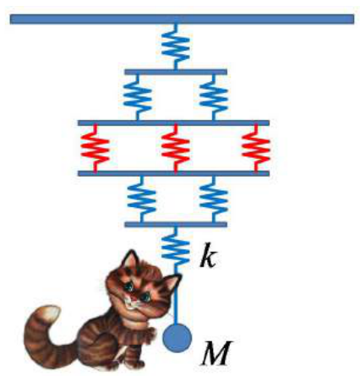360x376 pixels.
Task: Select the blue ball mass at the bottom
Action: pyautogui.click(x=177, y=338)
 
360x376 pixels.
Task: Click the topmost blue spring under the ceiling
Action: pyautogui.click(x=176, y=46)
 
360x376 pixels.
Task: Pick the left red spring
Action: pyautogui.click(x=95, y=148)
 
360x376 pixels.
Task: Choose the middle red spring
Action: pyautogui.click(x=176, y=148)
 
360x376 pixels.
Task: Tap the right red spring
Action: pyautogui.click(x=256, y=148)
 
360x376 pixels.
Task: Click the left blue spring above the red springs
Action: pyautogui.click(x=138, y=97)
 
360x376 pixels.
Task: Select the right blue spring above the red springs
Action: pyautogui.click(x=214, y=97)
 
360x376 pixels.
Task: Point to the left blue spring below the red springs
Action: pyautogui.click(x=142, y=199)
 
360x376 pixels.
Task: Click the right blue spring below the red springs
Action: pyautogui.click(x=214, y=199)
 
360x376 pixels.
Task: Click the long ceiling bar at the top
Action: pyautogui.click(x=182, y=19)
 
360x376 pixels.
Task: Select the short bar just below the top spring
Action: pyautogui.click(x=176, y=72)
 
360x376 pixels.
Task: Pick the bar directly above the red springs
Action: pyautogui.click(x=173, y=123)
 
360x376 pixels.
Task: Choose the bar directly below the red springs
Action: pyautogui.click(x=173, y=173)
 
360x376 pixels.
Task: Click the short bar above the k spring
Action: pyautogui.click(x=176, y=225)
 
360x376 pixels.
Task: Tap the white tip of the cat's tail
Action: pyautogui.click(x=52, y=313)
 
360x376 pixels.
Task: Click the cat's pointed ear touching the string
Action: pyautogui.click(x=172, y=282)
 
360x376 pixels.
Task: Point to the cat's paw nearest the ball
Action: pyautogui.click(x=150, y=335)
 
